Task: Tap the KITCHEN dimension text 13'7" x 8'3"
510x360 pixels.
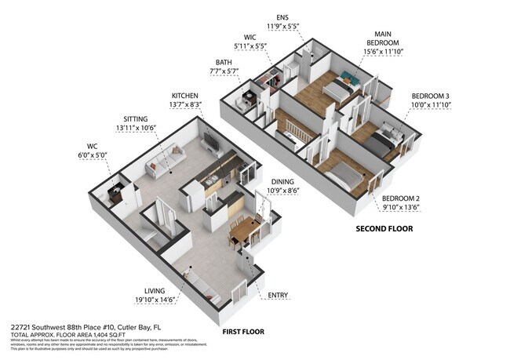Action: [x=185, y=104]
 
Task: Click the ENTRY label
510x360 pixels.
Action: [x=277, y=296]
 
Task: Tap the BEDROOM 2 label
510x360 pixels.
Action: [x=401, y=199]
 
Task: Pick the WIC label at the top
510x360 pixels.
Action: [x=250, y=36]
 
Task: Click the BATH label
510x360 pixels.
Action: [x=224, y=62]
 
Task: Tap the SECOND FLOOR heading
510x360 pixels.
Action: [x=384, y=229]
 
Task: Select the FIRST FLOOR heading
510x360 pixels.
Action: [x=242, y=332]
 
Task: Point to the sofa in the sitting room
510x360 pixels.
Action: [x=166, y=162]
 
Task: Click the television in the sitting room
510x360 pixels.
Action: [x=211, y=142]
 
